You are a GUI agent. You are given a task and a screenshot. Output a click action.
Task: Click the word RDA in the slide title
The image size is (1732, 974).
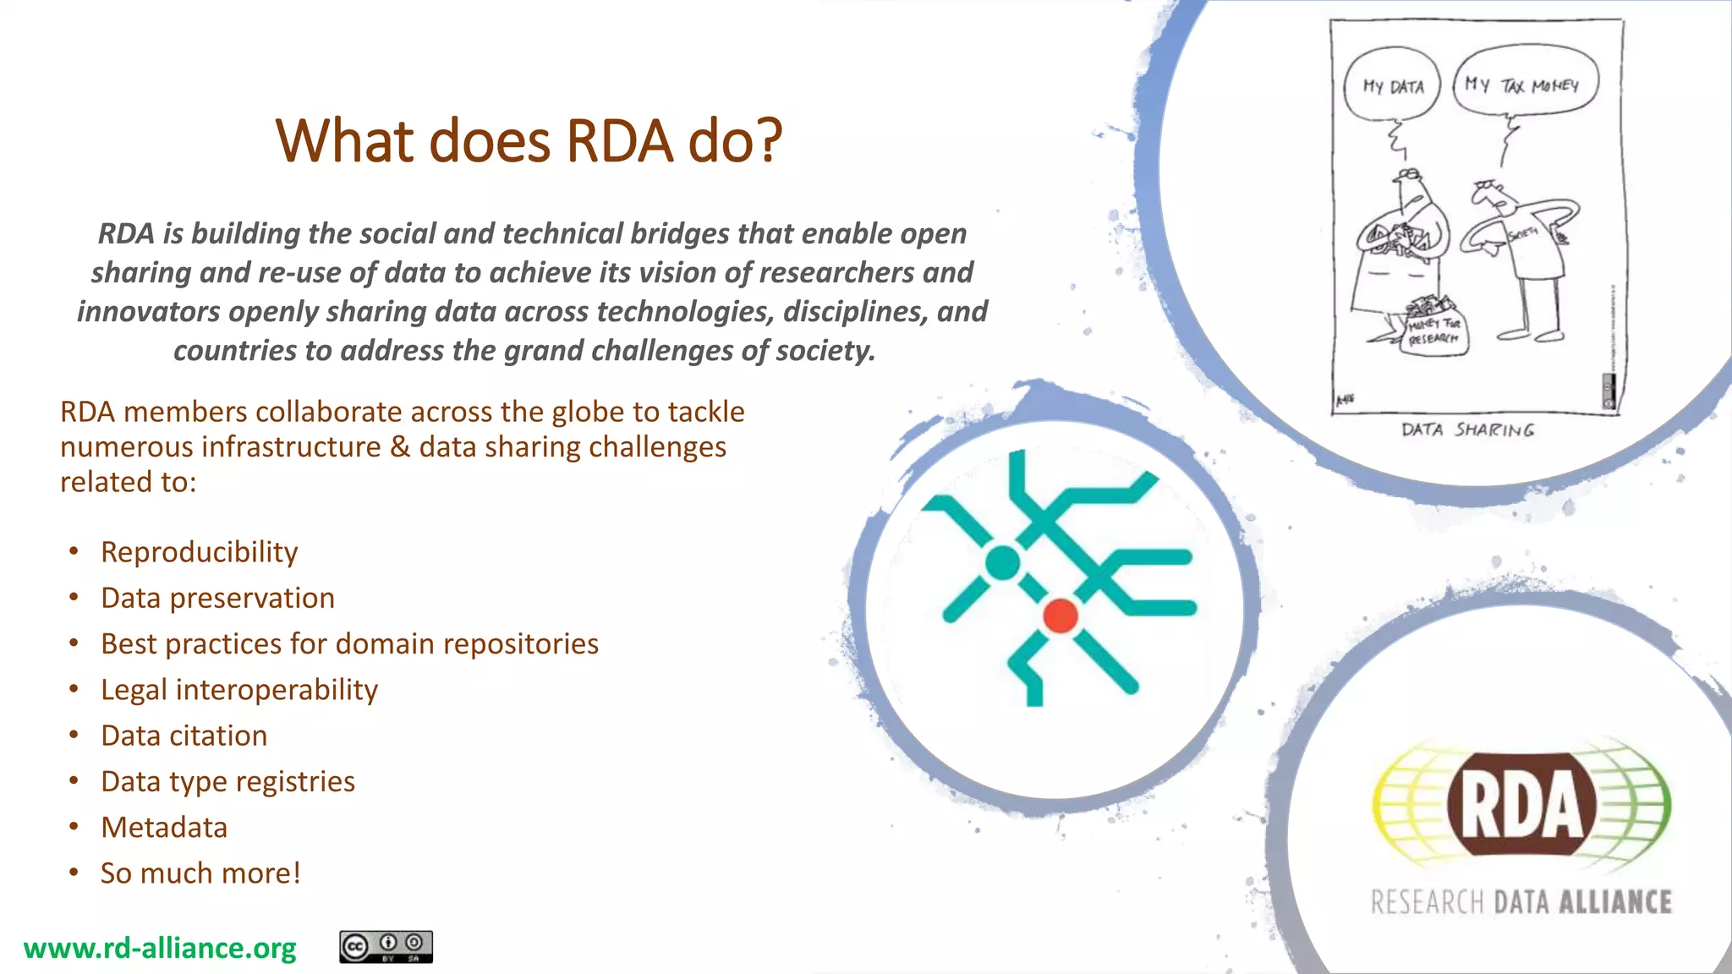point(619,140)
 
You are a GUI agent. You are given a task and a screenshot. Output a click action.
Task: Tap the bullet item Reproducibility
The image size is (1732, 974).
point(199,552)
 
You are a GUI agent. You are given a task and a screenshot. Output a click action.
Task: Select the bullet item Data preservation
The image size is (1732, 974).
point(217,599)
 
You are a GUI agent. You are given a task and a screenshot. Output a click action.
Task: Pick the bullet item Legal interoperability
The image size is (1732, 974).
point(238,690)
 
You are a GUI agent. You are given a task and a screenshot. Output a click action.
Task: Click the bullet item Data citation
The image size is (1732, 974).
point(184,736)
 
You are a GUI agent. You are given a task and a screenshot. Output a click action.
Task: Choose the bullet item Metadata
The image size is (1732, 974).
point(164,828)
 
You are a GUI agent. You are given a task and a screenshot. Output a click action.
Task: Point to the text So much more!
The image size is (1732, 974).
point(200,873)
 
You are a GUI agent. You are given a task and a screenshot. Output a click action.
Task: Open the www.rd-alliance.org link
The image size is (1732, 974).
point(160,949)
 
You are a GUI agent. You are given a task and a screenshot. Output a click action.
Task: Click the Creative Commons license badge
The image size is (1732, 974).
point(386,947)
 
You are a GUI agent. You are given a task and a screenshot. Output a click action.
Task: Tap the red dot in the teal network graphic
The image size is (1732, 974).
point(1061,616)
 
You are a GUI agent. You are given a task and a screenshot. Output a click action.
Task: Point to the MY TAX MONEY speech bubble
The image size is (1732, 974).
point(1526,85)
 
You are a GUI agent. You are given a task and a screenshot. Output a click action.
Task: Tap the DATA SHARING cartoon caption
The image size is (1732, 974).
point(1467,430)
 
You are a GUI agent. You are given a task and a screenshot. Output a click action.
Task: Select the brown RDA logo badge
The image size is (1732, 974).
point(1521,805)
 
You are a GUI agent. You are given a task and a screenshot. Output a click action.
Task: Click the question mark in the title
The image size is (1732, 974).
point(768,140)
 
